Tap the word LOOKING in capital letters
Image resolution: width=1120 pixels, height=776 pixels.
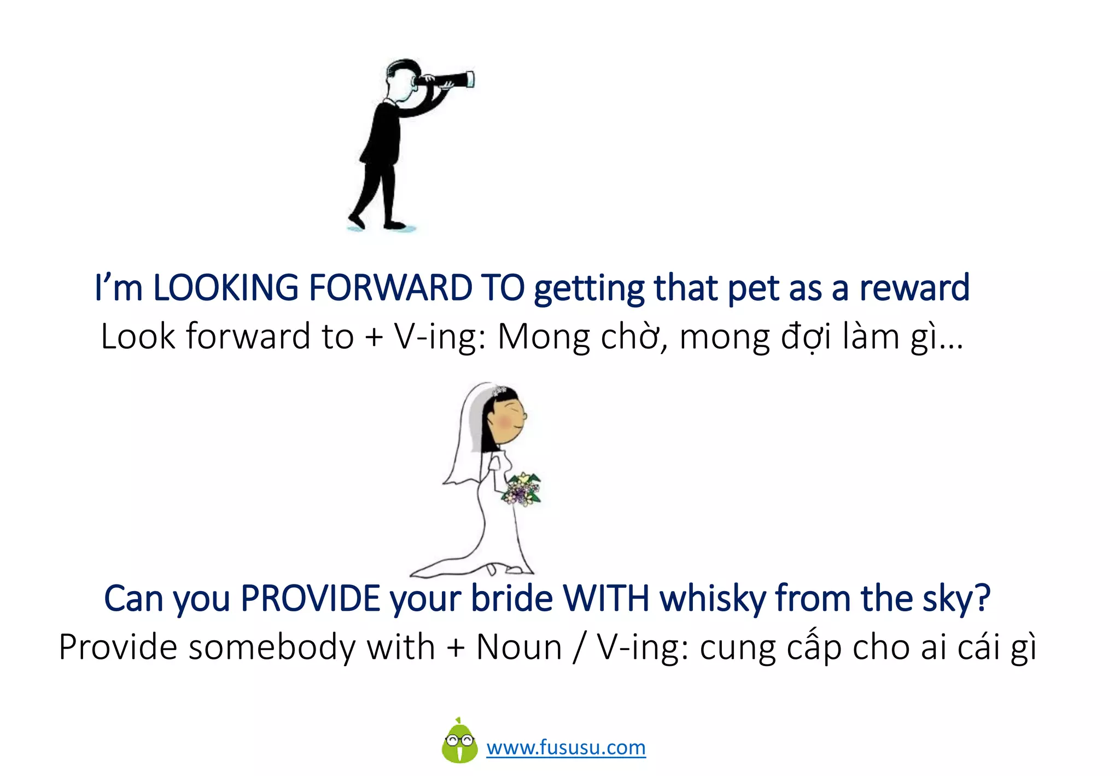coord(226,288)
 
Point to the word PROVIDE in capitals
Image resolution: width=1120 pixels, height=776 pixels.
coord(310,598)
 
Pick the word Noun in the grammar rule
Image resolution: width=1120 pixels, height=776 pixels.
coord(519,647)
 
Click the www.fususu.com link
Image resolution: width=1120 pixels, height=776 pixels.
coord(566,748)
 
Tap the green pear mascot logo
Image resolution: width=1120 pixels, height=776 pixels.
coord(459,742)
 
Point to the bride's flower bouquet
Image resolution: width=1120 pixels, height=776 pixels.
coord(522,489)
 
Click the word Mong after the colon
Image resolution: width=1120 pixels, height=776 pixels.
coord(544,337)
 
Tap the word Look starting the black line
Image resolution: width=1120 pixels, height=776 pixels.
coord(138,337)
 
